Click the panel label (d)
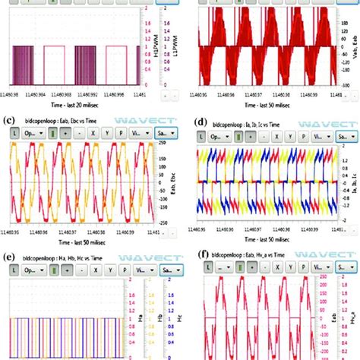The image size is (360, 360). (199, 141)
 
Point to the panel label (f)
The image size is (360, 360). (199, 267)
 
